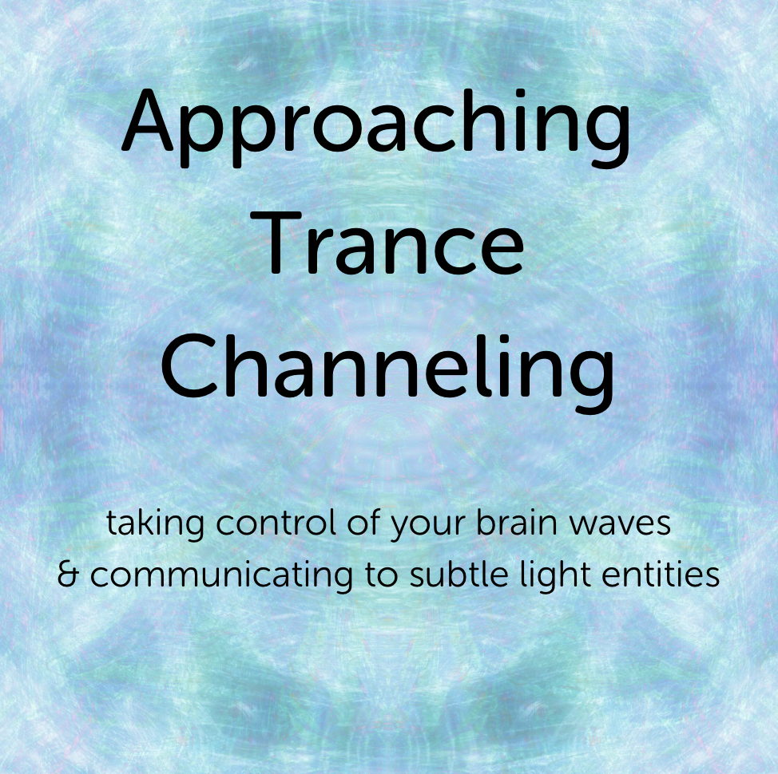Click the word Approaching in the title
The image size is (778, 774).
pyautogui.click(x=375, y=128)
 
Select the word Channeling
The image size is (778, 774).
pyautogui.click(x=387, y=373)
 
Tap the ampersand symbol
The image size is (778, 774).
pyautogui.click(x=68, y=575)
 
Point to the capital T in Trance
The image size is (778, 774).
pyautogui.click(x=284, y=243)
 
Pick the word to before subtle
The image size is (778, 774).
pyautogui.click(x=382, y=575)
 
